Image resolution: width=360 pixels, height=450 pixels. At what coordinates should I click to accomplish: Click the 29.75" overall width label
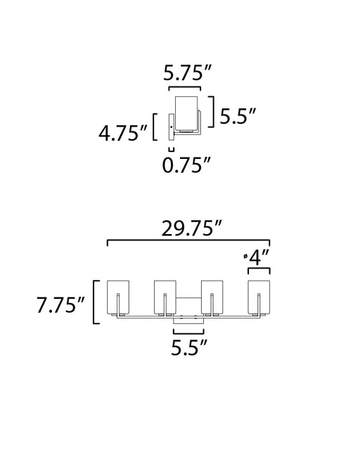[x=192, y=229]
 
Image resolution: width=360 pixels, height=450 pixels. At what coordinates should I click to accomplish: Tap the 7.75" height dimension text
[x=60, y=304]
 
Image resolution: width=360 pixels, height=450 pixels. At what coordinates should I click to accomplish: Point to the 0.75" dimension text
[x=186, y=165]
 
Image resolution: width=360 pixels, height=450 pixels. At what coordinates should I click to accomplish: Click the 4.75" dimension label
[x=122, y=133]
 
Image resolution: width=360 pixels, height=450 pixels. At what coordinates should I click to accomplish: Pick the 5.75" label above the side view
[x=187, y=73]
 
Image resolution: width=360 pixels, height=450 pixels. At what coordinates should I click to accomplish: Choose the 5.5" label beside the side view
[x=238, y=116]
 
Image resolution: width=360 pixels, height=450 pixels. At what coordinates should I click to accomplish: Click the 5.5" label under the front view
[x=189, y=347]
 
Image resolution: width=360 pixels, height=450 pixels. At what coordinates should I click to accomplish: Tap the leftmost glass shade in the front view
[x=118, y=297]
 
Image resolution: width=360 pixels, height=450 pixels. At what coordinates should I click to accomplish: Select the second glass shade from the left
[x=165, y=297]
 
